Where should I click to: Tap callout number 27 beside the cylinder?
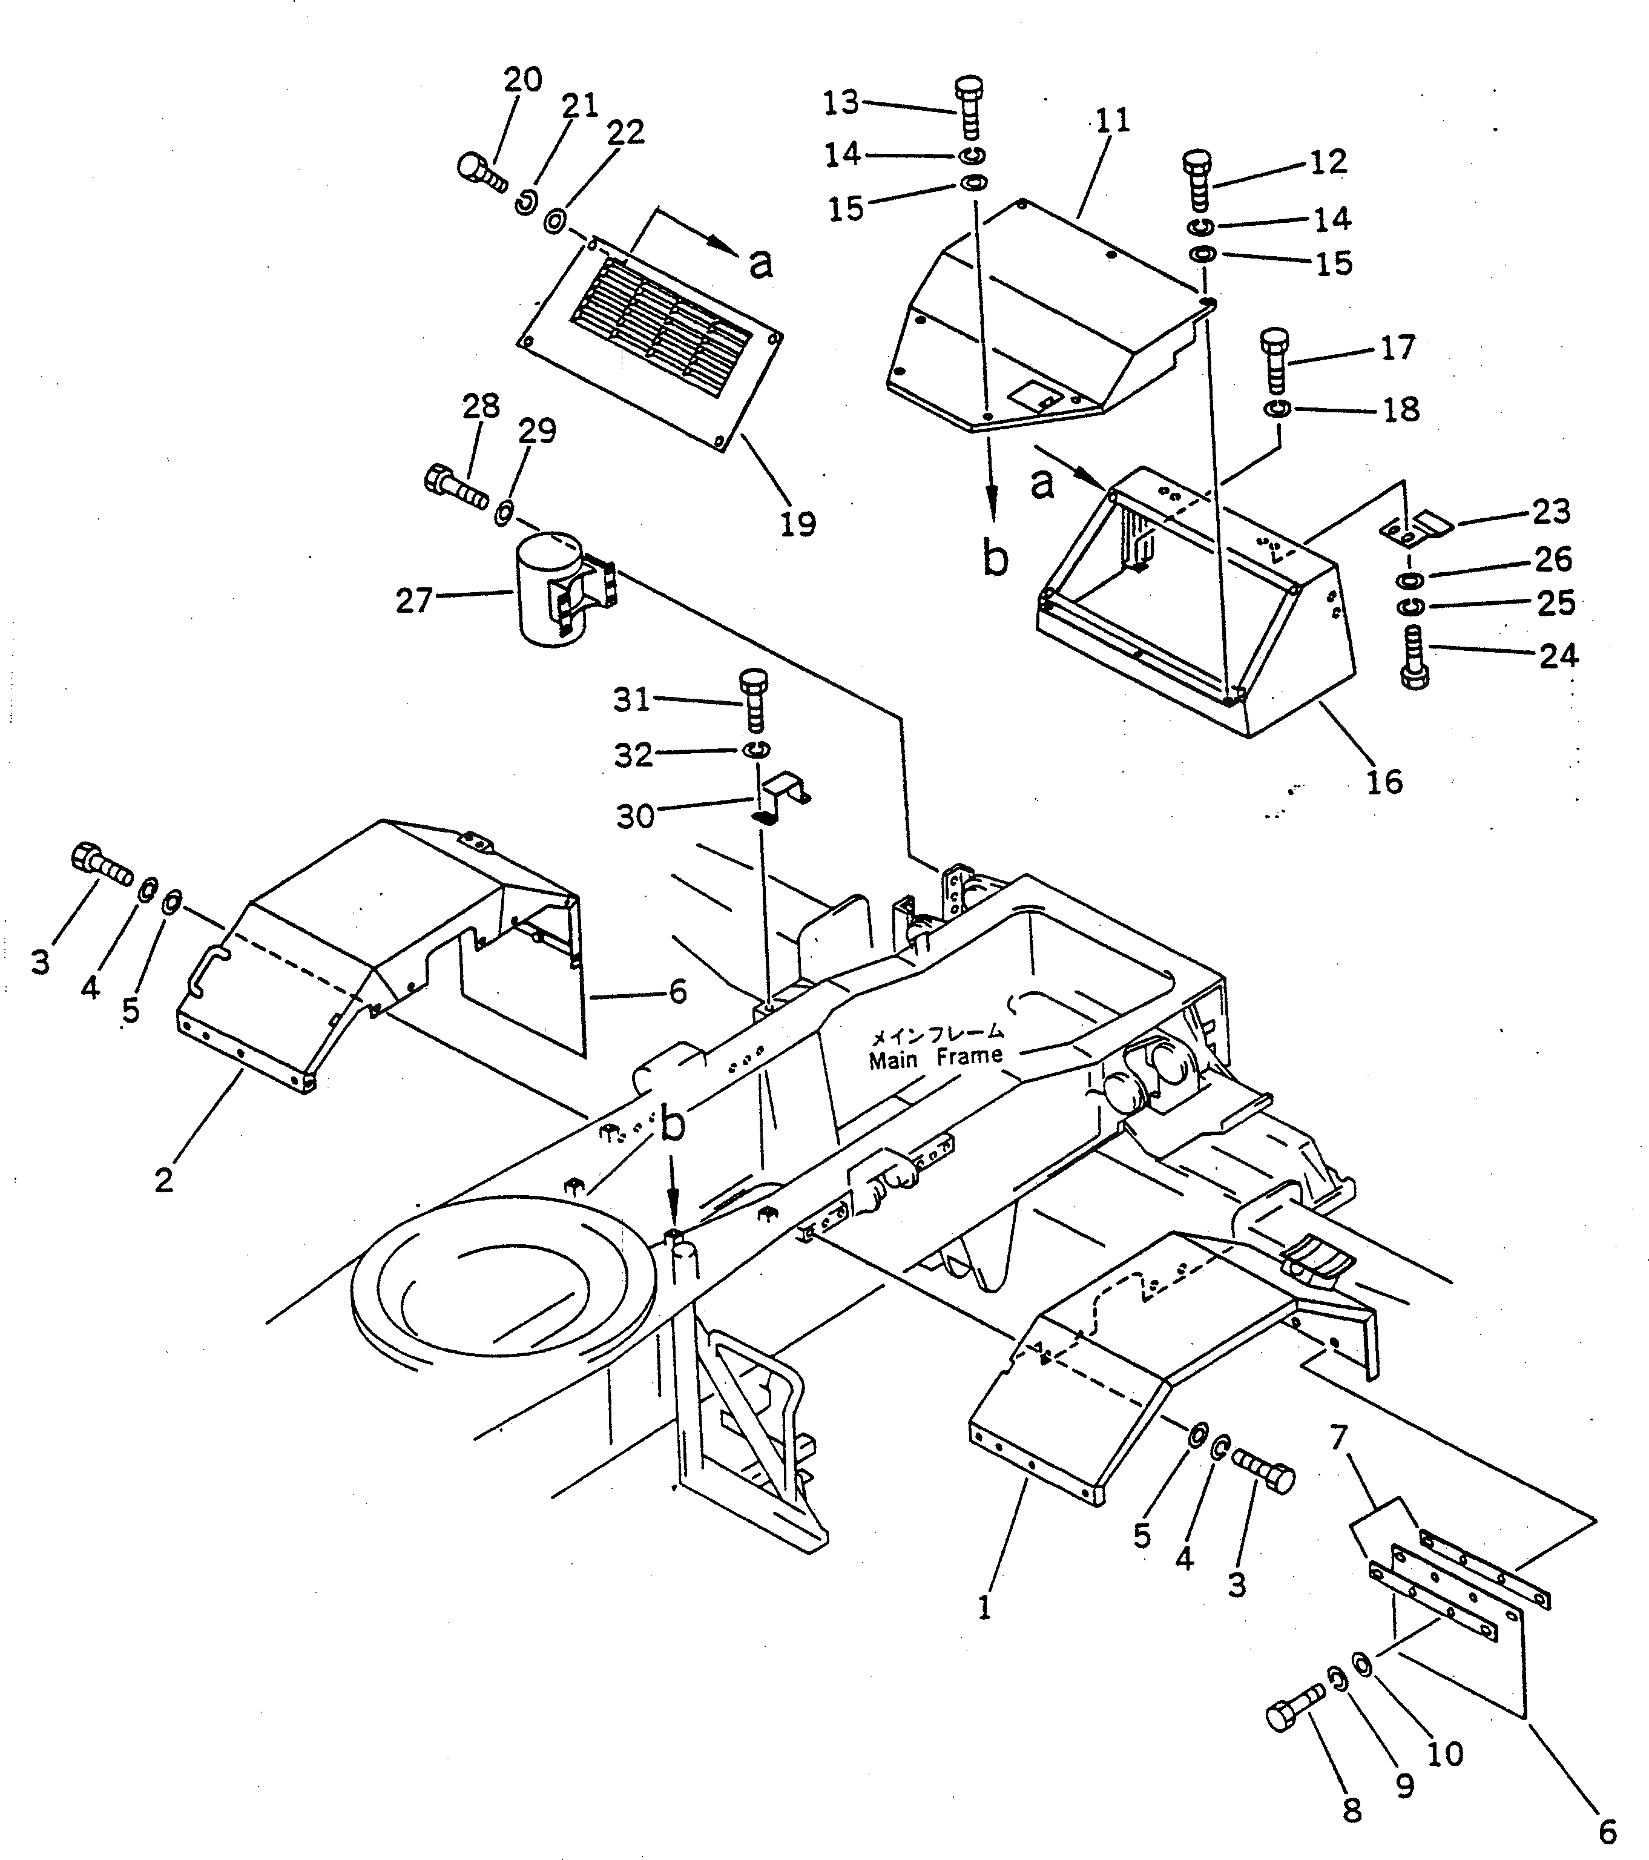415,601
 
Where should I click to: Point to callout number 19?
798,523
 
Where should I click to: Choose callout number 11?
1112,120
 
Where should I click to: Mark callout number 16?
1384,782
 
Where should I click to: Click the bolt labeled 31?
754,700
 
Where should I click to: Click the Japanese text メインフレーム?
937,1035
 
